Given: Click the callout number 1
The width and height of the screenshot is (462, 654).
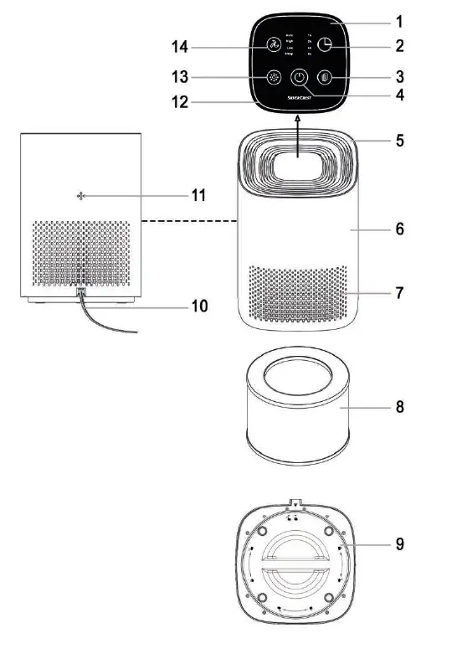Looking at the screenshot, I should tap(399, 19).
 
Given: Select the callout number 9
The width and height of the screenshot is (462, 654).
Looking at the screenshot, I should tap(400, 543).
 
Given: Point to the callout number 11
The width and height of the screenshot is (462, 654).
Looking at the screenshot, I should tap(198, 195).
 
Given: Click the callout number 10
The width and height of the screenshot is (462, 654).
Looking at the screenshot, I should tap(198, 306).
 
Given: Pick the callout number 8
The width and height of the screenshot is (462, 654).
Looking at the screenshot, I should tap(400, 408).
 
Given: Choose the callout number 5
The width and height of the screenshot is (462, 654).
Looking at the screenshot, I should tap(400, 140).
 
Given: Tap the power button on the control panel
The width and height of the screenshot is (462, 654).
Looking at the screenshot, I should tap(300, 79).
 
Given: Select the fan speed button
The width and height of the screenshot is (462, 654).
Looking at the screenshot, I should tap(274, 47).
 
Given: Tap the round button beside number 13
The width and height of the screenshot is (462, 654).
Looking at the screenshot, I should tap(274, 78).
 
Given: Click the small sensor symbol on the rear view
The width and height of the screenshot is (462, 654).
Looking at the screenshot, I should tap(81, 196).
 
